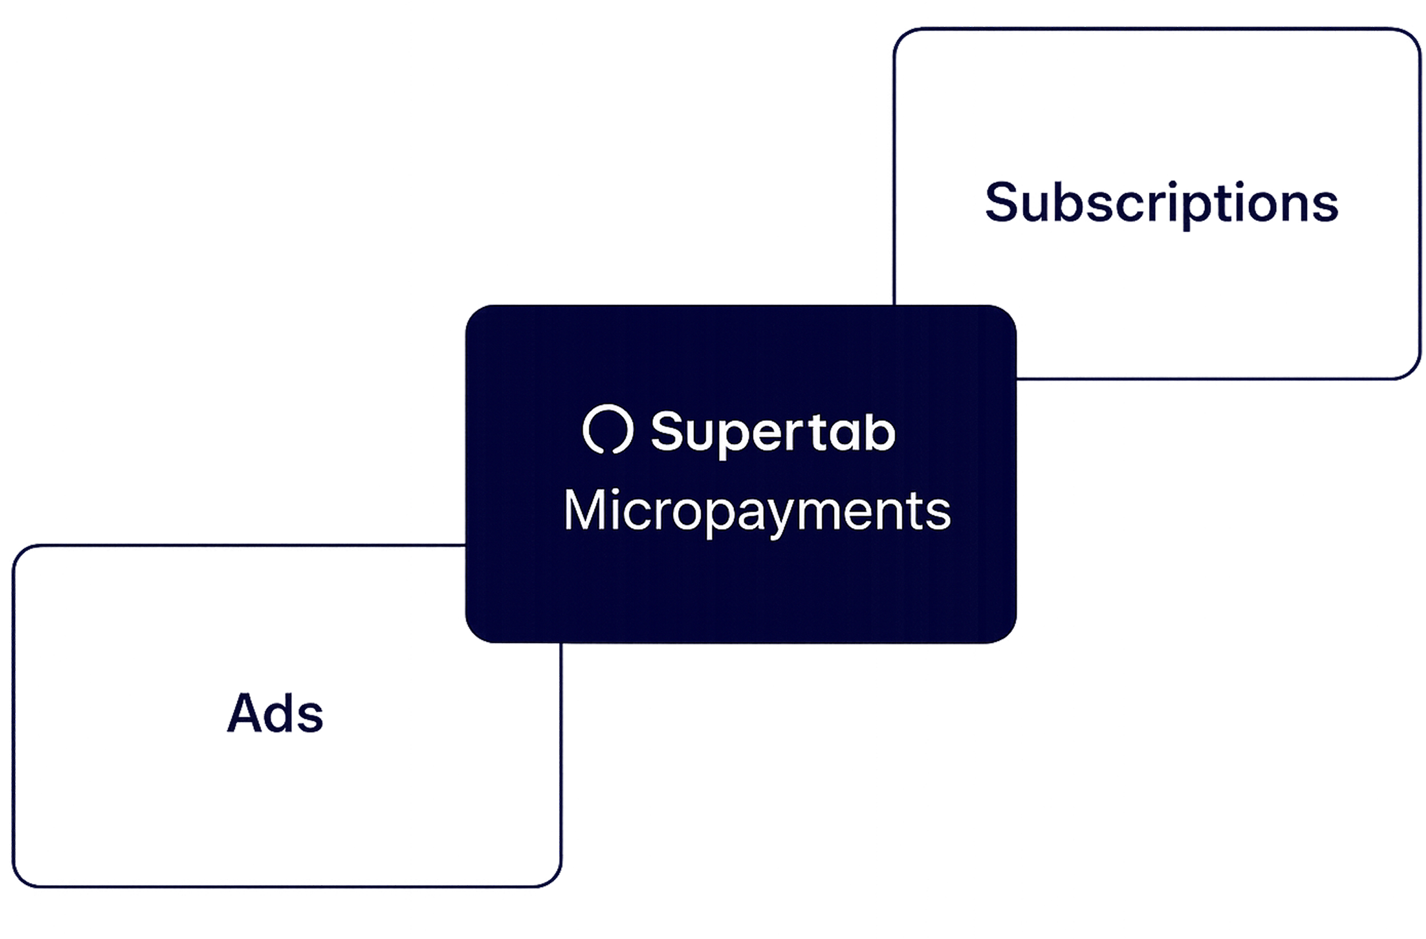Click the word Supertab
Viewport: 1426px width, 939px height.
(x=773, y=432)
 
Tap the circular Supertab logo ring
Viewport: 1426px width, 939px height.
(x=608, y=429)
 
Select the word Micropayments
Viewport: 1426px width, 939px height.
(x=757, y=511)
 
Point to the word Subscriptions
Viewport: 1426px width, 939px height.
(x=1162, y=203)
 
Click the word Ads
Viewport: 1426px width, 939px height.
(x=275, y=713)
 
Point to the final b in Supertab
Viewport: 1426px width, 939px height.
(x=881, y=431)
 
